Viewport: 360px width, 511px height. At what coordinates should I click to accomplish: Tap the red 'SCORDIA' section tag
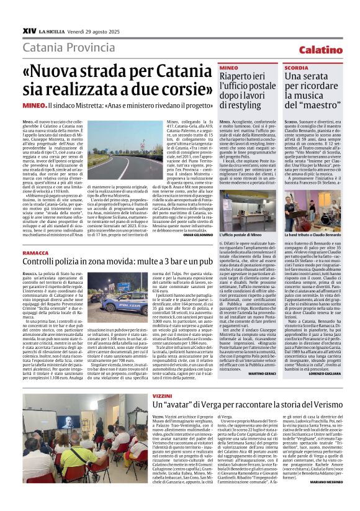(296, 66)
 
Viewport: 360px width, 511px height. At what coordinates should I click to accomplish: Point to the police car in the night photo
(125, 304)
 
